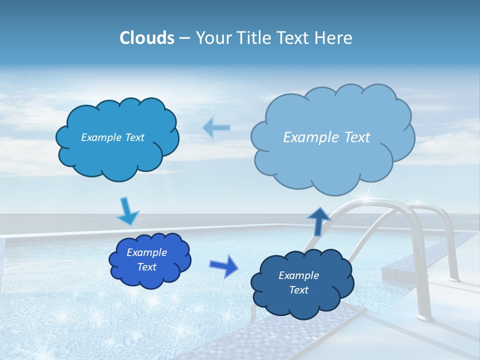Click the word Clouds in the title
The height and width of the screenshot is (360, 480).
(x=146, y=38)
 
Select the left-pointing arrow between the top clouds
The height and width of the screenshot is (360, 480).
(x=216, y=128)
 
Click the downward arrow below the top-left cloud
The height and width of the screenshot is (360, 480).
(x=127, y=211)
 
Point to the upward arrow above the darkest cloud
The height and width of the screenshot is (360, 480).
(x=319, y=221)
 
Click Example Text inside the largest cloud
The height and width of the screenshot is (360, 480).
(x=326, y=137)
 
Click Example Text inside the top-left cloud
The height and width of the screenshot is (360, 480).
(x=112, y=137)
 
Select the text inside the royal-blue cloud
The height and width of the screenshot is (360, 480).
(x=146, y=260)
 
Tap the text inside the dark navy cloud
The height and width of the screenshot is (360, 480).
(x=298, y=282)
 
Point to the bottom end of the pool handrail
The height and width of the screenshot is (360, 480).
(x=424, y=316)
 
